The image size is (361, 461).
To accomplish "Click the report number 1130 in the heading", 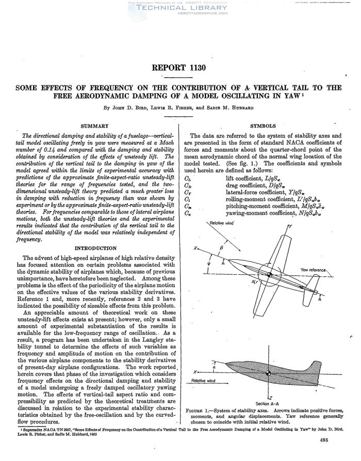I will point(180,67).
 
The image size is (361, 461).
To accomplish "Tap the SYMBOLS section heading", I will point(264,126).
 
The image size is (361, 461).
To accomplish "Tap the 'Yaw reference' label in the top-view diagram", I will point(314,270).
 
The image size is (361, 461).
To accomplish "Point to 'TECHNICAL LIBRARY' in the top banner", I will point(180,8).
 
